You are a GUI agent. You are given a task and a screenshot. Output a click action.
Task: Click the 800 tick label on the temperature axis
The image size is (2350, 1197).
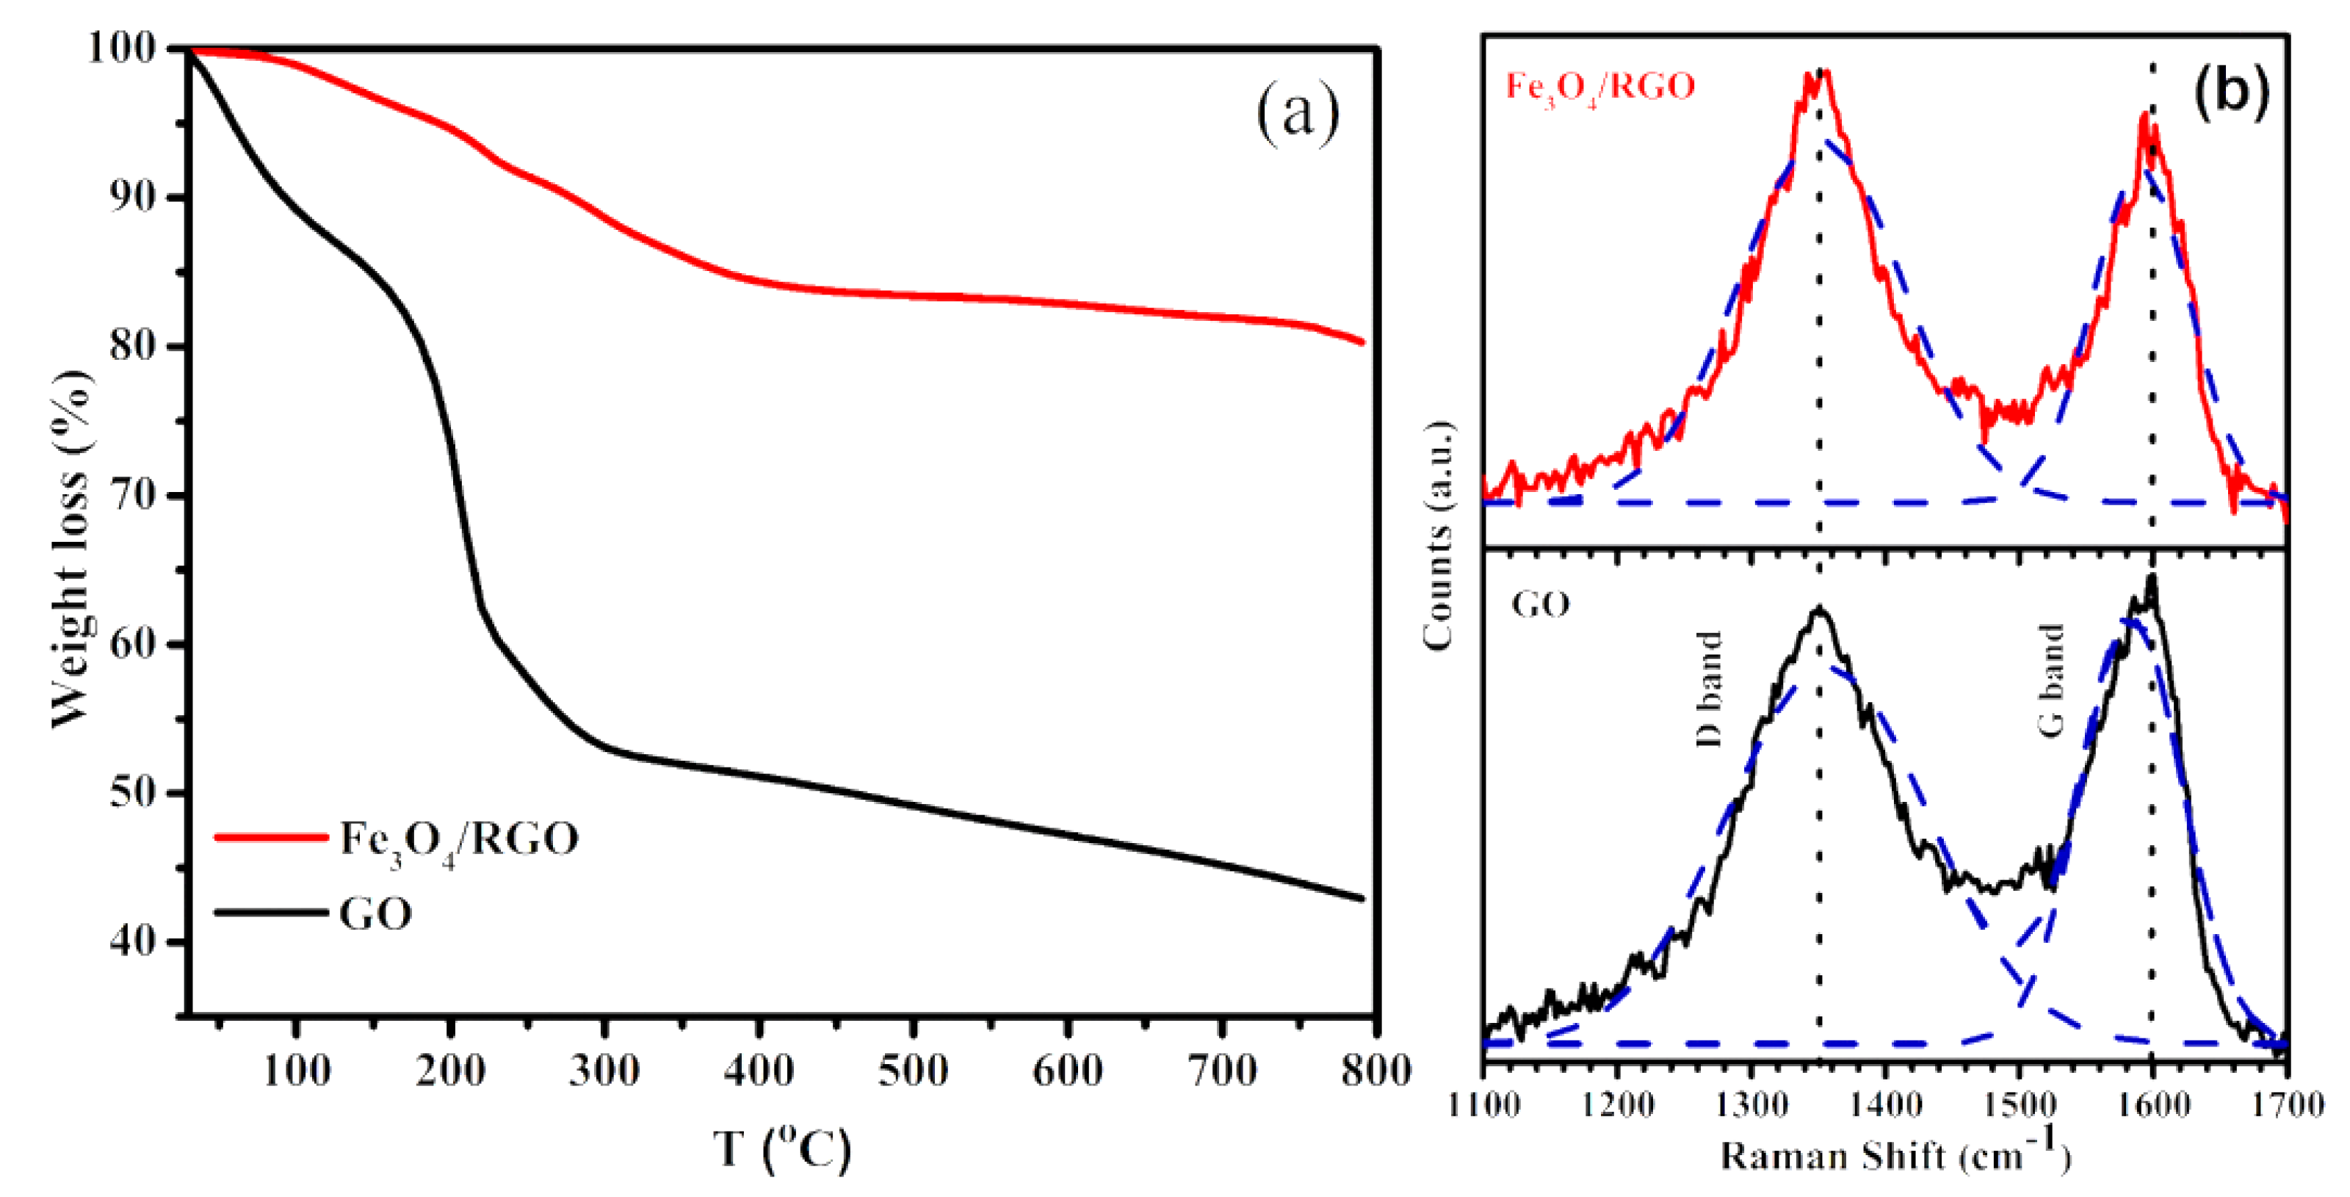[x=1375, y=1069]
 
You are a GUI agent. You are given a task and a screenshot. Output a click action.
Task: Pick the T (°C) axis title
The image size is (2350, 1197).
[x=782, y=1148]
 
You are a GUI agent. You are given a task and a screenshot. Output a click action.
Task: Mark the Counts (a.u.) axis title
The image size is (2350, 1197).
[x=1438, y=537]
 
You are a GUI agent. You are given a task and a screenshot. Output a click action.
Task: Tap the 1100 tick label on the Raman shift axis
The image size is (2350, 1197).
[x=1483, y=1106]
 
